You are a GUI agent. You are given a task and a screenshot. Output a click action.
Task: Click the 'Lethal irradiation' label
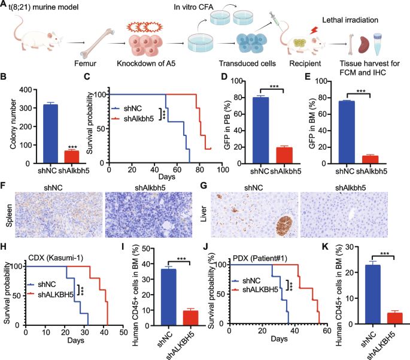tap(353, 20)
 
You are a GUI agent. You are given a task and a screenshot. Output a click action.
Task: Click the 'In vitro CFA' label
tap(191, 7)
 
